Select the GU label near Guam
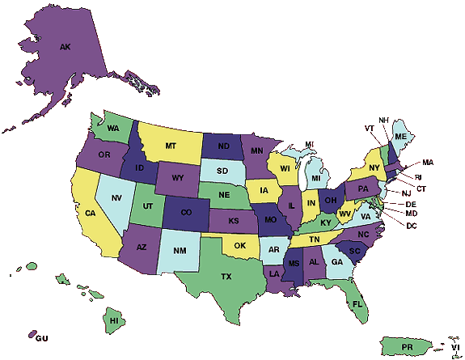pyautogui.click(x=43, y=337)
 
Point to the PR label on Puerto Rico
pyautogui.click(x=408, y=347)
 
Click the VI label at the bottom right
pyautogui.click(x=454, y=349)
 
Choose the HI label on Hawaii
pyautogui.click(x=114, y=321)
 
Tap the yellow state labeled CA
pyautogui.click(x=91, y=214)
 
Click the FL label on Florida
pyautogui.click(x=357, y=304)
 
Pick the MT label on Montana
pyautogui.click(x=171, y=146)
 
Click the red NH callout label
pyautogui.click(x=383, y=121)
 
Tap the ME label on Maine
pyautogui.click(x=400, y=137)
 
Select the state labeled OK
pyautogui.click(x=240, y=244)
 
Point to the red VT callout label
pyautogui.click(x=369, y=129)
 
